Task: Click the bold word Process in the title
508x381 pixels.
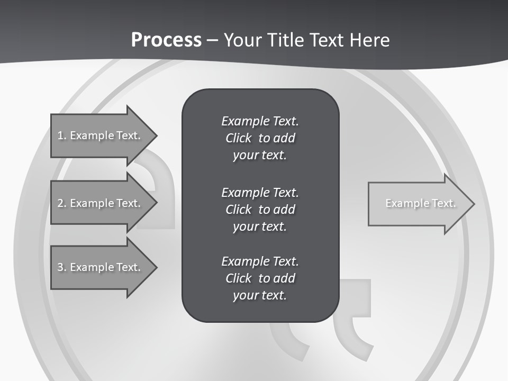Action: (166, 40)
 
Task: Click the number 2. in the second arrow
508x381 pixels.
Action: (62, 203)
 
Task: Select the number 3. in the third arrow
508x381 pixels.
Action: (62, 267)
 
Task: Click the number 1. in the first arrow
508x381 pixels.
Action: (62, 135)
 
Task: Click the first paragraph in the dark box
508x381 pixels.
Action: (260, 138)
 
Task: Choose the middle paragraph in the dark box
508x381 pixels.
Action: (260, 209)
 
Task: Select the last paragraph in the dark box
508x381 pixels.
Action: (260, 278)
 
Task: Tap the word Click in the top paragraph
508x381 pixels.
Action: (238, 138)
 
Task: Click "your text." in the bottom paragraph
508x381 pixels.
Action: (260, 295)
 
